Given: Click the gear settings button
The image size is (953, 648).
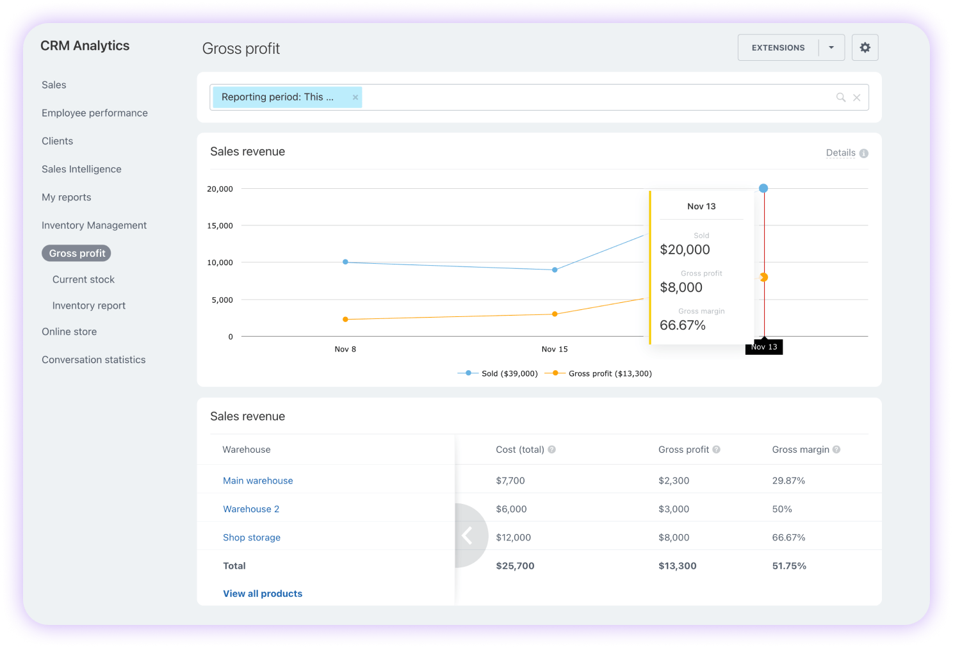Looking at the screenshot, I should [865, 47].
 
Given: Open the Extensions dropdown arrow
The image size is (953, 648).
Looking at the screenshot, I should [831, 47].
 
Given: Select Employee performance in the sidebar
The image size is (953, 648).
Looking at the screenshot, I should [95, 113].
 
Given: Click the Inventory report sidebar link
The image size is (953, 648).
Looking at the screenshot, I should [89, 305].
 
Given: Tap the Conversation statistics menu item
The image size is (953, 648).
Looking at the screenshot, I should [94, 360].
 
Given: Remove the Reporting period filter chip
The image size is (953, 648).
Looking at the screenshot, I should [355, 97].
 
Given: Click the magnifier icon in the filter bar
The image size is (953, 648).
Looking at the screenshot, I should [841, 97].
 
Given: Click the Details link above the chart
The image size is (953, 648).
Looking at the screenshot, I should [840, 152].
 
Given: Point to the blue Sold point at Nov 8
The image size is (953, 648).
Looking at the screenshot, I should [345, 262].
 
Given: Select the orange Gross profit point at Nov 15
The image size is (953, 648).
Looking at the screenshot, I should [555, 314].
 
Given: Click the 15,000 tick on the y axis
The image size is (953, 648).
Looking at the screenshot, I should [220, 225].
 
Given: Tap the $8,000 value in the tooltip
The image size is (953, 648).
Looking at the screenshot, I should [681, 288].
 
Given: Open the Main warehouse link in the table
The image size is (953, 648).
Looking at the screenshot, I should [257, 480].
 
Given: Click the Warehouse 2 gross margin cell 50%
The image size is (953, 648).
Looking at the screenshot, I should [782, 509].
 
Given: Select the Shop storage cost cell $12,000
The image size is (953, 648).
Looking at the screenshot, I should [513, 537].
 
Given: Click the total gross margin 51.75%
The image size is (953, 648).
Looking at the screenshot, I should [789, 565].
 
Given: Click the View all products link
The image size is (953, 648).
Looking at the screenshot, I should [263, 594].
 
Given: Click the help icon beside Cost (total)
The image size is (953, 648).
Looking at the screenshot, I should [552, 450].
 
